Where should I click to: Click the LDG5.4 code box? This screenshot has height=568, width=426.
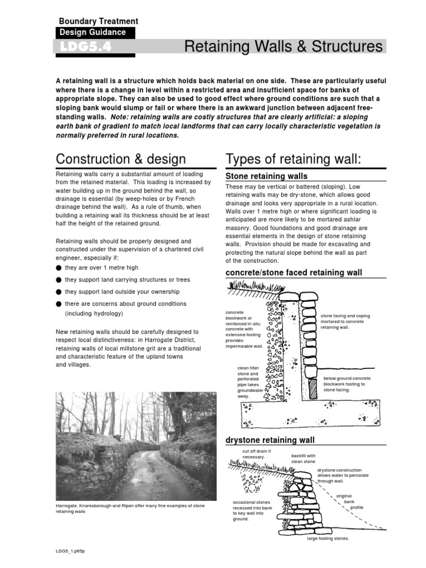point(94,47)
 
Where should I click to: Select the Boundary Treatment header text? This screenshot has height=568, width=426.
point(98,21)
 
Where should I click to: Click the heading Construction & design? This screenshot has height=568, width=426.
point(121,159)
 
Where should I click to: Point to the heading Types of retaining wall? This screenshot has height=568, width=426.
point(293,159)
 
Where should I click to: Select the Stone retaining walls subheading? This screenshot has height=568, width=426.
point(266,176)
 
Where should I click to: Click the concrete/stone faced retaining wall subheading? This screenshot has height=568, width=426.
point(293,272)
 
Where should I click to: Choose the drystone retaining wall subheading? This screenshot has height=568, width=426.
point(270,440)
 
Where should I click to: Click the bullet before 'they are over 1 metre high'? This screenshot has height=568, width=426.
point(59,267)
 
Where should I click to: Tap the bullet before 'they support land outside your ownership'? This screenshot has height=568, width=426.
point(59,292)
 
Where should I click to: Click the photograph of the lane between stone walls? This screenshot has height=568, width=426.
point(135,447)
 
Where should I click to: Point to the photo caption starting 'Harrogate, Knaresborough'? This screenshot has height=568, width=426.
point(130,509)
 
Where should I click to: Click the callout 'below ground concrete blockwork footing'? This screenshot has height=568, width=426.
point(347,384)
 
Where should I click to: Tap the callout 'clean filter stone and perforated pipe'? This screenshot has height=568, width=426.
point(247,382)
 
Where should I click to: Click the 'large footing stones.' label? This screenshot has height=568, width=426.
point(328,539)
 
